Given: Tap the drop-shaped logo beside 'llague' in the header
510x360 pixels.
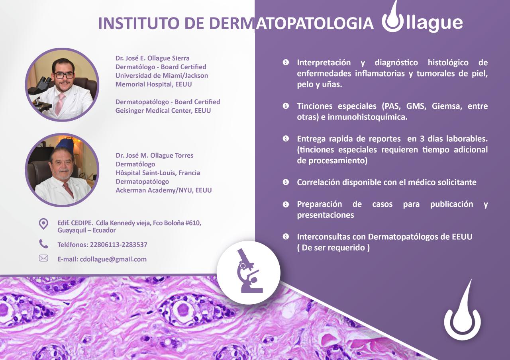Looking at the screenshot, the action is pyautogui.click(x=392, y=18).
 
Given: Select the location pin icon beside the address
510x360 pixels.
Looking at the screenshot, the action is pyautogui.click(x=43, y=224).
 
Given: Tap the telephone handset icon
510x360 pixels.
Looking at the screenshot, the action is pyautogui.click(x=43, y=244).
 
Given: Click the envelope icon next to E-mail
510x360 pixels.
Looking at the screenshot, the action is pyautogui.click(x=43, y=258).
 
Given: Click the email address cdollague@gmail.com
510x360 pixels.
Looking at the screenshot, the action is pyautogui.click(x=113, y=259).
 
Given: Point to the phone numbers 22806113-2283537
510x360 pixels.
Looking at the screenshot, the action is pyautogui.click(x=118, y=245).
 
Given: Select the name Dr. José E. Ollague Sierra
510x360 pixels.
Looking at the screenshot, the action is pyautogui.click(x=152, y=58).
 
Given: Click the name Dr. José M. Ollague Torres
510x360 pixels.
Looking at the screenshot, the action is pyautogui.click(x=154, y=155).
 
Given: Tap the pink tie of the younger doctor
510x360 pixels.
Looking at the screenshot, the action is pyautogui.click(x=60, y=104).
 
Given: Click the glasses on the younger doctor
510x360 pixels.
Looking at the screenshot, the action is pyautogui.click(x=63, y=75).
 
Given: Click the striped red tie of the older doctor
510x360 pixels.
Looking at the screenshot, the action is pyautogui.click(x=69, y=189).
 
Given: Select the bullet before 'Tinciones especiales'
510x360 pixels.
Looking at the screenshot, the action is pyautogui.click(x=286, y=106).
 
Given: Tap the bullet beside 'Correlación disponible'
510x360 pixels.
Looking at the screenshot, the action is pyautogui.click(x=286, y=182).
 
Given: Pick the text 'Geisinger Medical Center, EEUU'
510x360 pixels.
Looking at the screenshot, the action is pyautogui.click(x=163, y=111).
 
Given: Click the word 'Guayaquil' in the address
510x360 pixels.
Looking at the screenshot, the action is pyautogui.click(x=71, y=231).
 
